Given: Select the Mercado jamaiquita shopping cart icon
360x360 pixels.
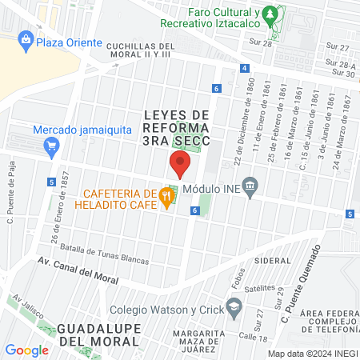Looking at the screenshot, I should click(52, 146).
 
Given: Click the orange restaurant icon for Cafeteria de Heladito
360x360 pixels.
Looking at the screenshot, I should click(166, 194).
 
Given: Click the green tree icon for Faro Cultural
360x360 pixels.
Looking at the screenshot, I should click(270, 14).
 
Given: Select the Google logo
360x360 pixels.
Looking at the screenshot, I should click(27, 350).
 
